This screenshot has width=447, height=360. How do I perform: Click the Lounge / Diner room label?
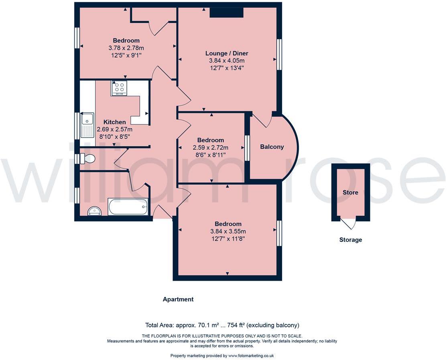tap(227, 53)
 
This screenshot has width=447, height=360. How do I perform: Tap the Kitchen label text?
tap(114, 122)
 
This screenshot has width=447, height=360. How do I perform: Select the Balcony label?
tap(272, 147)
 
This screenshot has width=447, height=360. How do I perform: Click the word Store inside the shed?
tap(350, 192)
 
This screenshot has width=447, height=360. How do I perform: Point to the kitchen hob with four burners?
tap(119, 88)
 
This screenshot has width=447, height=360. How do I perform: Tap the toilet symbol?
tap(88, 159)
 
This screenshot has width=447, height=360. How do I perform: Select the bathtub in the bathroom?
tap(128, 207)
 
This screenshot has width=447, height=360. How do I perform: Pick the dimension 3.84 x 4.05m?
tap(227, 61)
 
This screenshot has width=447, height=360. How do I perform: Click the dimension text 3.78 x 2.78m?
tap(126, 48)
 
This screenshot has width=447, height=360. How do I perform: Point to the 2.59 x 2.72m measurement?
tap(210, 147)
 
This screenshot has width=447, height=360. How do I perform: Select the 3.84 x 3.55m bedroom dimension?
tap(228, 231)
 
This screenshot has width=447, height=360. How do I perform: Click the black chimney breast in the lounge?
tap(227, 13)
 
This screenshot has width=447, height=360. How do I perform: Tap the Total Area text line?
tap(222, 325)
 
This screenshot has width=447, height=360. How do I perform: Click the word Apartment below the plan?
tap(178, 299)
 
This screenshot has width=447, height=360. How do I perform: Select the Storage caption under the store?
tap(350, 240)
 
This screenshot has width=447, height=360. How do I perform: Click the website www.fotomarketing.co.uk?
tap(251, 356)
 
